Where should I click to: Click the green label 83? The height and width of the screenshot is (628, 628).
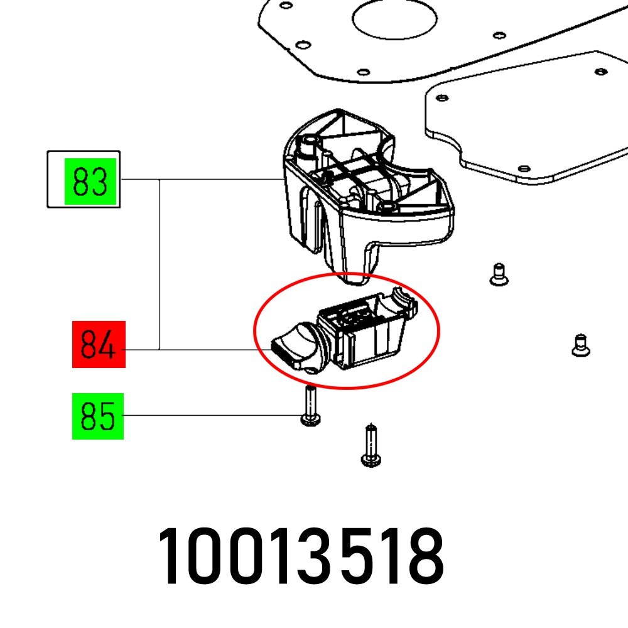[92, 181]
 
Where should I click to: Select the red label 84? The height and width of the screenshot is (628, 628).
[99, 344]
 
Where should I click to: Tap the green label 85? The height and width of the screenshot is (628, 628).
[98, 416]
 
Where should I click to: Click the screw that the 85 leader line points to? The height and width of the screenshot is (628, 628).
[310, 408]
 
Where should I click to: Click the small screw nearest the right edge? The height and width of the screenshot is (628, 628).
[580, 345]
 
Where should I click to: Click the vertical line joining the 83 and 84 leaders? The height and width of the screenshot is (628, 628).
[160, 264]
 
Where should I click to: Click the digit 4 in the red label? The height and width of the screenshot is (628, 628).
[108, 345]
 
